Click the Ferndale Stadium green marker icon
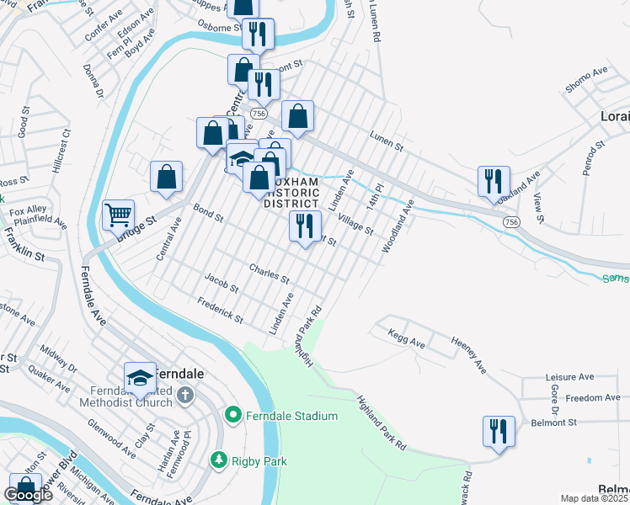tap(233, 415)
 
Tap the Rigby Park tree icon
tap(218, 460)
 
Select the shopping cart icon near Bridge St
tap(118, 214)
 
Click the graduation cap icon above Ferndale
tap(140, 377)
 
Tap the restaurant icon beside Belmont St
tap(499, 431)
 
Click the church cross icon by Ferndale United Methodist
tap(185, 395)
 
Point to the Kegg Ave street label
tap(406, 338)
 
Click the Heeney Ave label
tap(469, 355)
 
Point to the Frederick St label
tap(219, 310)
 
